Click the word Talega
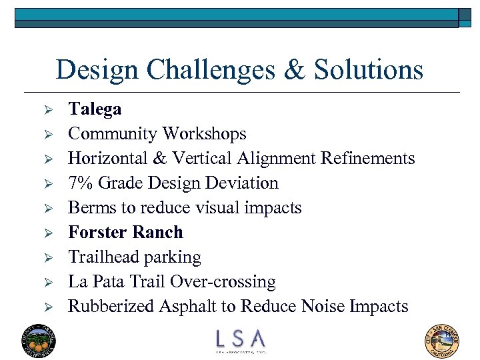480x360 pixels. [x=95, y=109]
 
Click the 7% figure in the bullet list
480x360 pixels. [x=80, y=183]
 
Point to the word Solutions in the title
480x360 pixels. [x=369, y=70]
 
